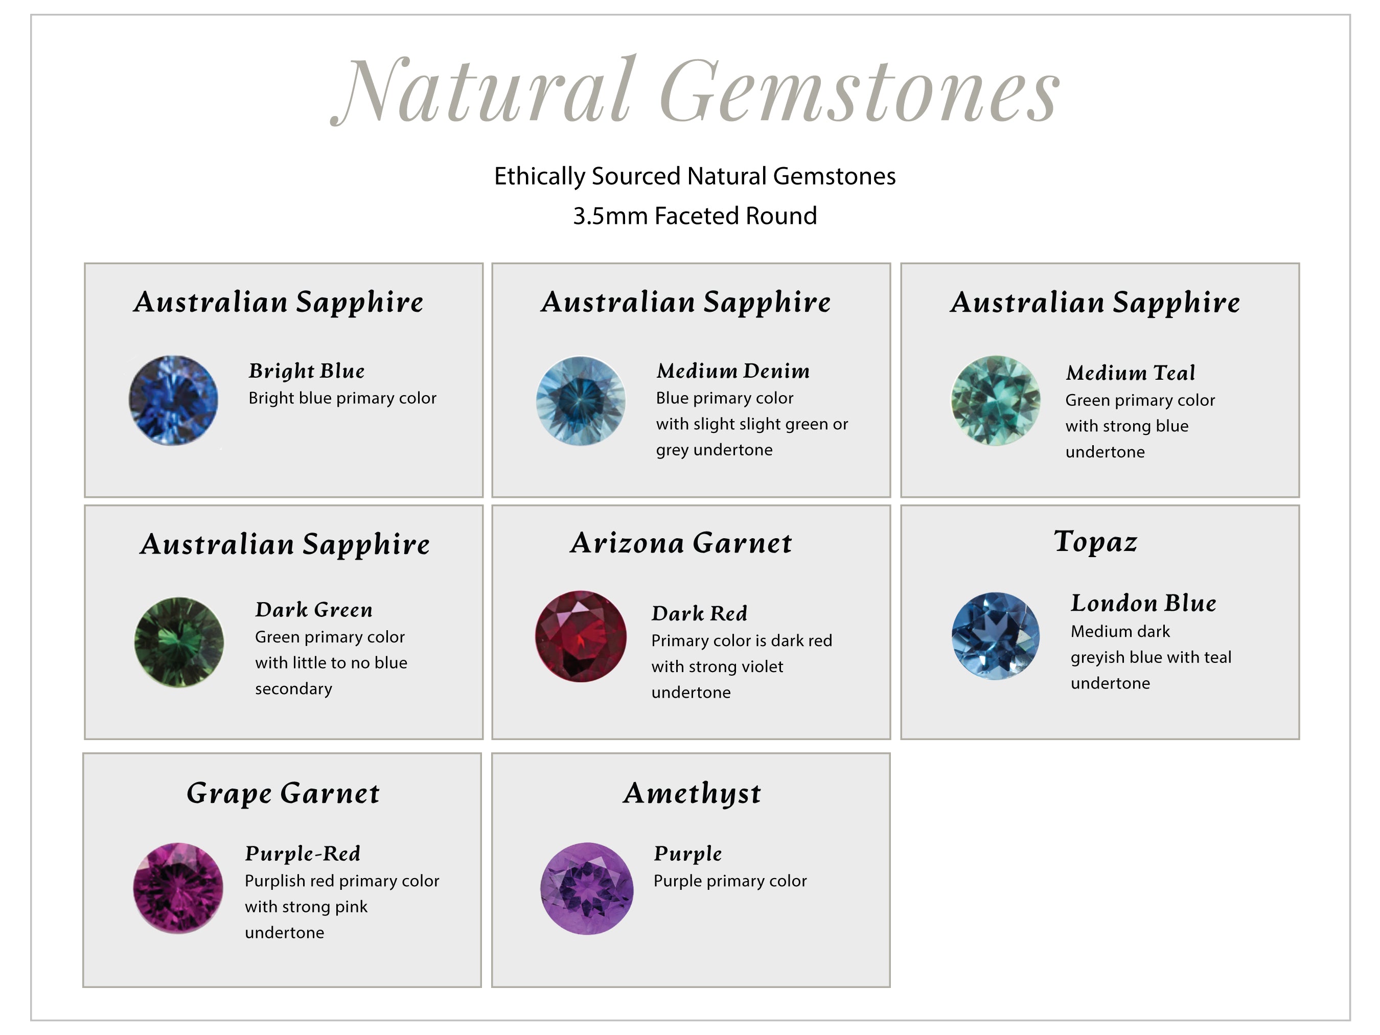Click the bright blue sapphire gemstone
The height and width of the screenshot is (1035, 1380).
pos(173,401)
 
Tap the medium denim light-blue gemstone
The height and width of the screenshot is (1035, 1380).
pos(581,401)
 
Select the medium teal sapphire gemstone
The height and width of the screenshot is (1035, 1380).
pos(996,401)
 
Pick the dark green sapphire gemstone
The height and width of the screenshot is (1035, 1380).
pos(179,642)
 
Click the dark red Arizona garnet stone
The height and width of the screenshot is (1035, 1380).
pos(581,636)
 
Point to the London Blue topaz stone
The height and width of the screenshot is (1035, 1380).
pos(996,636)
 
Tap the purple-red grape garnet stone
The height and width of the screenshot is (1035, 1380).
pos(178,888)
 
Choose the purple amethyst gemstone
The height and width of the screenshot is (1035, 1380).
pos(586,888)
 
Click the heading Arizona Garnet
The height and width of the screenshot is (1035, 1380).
pos(681,543)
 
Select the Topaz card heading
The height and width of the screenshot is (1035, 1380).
pos(1095,541)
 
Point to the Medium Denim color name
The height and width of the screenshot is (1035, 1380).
pos(733,371)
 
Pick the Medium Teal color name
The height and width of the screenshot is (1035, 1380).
pos(1131,373)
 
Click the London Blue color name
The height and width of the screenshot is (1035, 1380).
pos(1143,603)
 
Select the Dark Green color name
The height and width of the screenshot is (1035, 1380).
pos(314,610)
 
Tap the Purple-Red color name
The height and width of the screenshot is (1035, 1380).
pos(303,854)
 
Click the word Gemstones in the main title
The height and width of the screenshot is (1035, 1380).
pos(860,90)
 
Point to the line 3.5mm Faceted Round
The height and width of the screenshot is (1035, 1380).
pos(695,216)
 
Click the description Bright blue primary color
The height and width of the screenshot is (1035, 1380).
pos(342,398)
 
